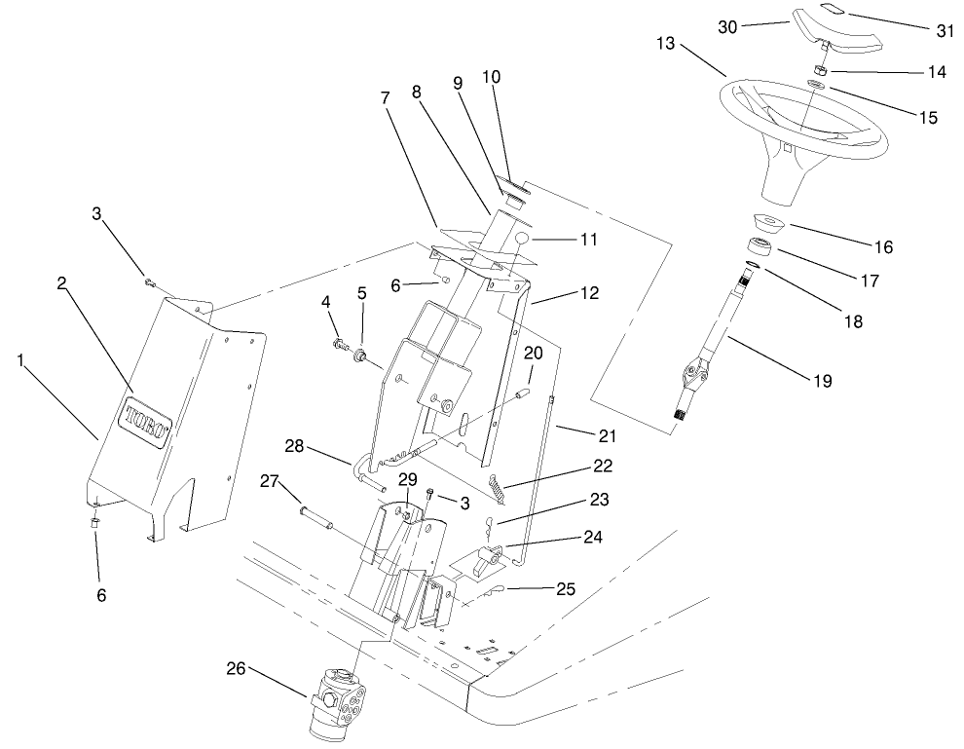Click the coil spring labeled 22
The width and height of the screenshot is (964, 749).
496,483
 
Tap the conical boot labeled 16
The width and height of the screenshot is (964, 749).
768,223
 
